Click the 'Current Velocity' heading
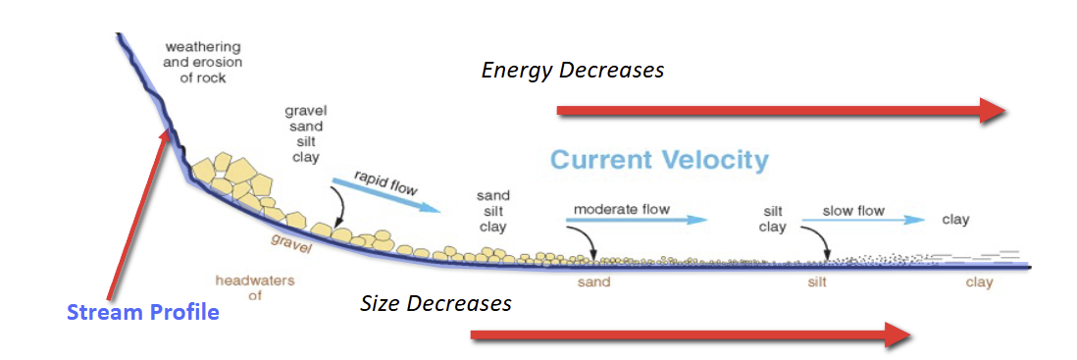tap(659, 161)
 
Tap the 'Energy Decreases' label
tap(573, 71)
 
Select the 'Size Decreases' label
tap(436, 303)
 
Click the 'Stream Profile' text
tap(143, 313)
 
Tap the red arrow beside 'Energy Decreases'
tap(781, 111)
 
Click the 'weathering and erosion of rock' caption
tap(202, 62)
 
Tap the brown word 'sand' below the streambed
tap(593, 283)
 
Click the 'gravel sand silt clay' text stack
tap(304, 133)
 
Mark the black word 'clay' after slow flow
tap(954, 220)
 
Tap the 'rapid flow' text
tap(374, 180)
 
